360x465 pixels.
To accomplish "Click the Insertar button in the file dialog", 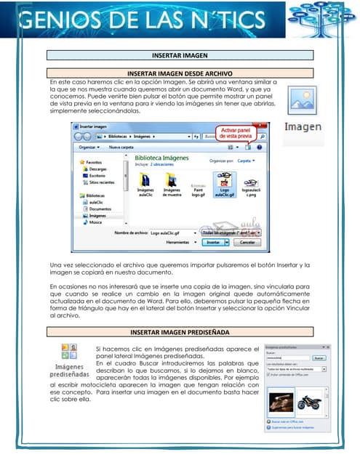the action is [x=213, y=242].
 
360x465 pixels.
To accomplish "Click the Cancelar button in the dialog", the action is [x=247, y=242].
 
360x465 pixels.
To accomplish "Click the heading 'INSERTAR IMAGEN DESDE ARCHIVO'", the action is [x=180, y=74].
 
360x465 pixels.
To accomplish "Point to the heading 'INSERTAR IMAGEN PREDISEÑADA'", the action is [x=180, y=332].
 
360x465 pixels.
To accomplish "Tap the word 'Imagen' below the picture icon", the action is [x=303, y=126].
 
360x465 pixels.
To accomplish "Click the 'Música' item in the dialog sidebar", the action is [x=95, y=222].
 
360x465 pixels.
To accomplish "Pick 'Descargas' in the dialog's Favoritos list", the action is [x=99, y=169].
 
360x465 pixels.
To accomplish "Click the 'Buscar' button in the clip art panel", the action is [x=319, y=357].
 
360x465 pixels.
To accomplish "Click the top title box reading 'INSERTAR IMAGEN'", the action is [x=180, y=55].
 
